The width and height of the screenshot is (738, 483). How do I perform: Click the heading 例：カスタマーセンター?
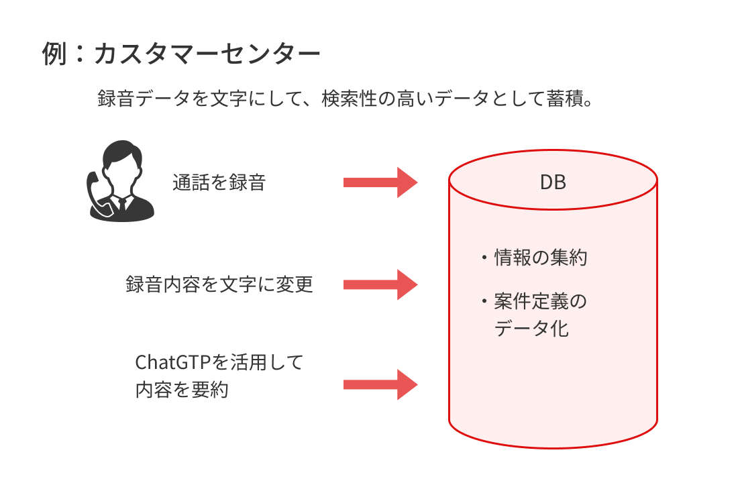tap(181, 54)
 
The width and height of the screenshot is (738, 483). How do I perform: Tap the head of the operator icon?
tap(122, 162)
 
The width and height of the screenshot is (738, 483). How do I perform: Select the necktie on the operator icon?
tap(122, 205)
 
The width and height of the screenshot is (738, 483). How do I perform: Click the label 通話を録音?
tap(219, 182)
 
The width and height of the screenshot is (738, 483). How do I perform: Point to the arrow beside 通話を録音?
tap(380, 182)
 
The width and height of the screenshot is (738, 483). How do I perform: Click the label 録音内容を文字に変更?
tap(219, 284)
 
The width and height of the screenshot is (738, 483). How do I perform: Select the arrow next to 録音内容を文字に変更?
tap(380, 284)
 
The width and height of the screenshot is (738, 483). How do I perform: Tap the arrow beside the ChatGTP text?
tap(380, 384)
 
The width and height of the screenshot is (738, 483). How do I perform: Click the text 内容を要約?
tap(182, 390)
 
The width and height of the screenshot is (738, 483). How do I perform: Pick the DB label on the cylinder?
tap(553, 182)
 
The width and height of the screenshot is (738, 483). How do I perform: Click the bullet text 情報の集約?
tap(540, 258)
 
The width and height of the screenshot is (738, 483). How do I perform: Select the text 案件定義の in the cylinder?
tap(540, 301)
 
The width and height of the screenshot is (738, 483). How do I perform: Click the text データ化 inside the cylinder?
tap(531, 328)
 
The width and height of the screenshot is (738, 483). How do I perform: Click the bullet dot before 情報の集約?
tap(484, 258)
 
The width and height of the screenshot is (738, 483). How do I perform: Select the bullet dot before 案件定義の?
tap(484, 301)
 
